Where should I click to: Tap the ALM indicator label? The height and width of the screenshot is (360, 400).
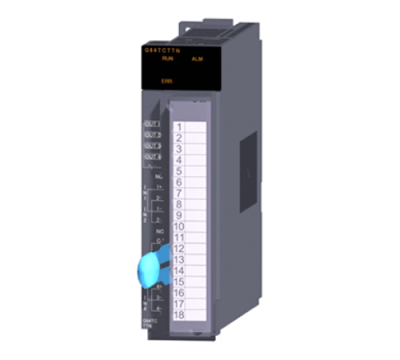point(195,60)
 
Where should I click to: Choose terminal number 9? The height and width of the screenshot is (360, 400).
point(179,215)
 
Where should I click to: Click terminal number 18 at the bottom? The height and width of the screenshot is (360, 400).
point(177,314)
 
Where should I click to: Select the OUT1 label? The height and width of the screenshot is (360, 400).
point(152,125)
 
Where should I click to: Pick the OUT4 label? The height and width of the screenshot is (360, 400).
point(152,157)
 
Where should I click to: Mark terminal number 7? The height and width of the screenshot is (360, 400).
point(179,193)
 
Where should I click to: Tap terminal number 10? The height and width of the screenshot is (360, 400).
point(177,226)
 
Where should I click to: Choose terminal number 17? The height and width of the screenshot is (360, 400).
point(177,303)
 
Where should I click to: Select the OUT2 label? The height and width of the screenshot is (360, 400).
point(152,135)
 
